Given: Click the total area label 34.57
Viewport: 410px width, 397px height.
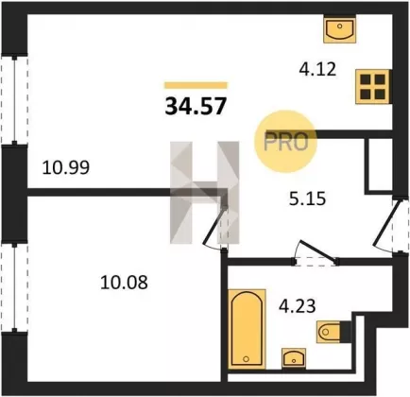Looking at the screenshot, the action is coord(196,106).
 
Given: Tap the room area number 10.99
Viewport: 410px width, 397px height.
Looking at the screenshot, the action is coord(66,167).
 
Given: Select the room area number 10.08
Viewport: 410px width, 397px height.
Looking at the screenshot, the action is coord(124,283).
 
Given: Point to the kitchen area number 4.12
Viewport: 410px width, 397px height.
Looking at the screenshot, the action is coord(317,69).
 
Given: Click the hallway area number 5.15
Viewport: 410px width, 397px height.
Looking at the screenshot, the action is coord(307,198).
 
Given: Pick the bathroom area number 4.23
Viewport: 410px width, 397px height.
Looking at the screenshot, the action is coord(298,306).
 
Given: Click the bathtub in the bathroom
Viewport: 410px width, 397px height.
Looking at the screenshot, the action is coord(247,329).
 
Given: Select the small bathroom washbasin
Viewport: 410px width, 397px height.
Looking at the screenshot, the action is coord(294,358).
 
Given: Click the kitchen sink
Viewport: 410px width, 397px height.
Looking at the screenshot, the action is coord(340,29).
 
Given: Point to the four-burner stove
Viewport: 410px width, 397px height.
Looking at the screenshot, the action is coord(373,86).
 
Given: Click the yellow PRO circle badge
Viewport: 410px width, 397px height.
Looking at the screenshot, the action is coord(285,141).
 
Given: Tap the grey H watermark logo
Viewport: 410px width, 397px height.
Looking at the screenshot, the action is coord(205,193).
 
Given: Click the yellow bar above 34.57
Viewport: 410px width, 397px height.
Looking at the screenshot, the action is coord(196,85).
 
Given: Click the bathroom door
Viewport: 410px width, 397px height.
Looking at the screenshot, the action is coord(316,252).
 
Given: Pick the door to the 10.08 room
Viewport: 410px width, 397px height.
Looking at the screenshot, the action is coord(216,226).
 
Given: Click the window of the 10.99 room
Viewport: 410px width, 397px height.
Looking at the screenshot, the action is coord(14,99).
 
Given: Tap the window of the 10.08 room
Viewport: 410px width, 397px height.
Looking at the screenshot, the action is coord(14,287).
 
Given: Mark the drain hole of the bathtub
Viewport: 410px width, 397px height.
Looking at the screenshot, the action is coord(247,359).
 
